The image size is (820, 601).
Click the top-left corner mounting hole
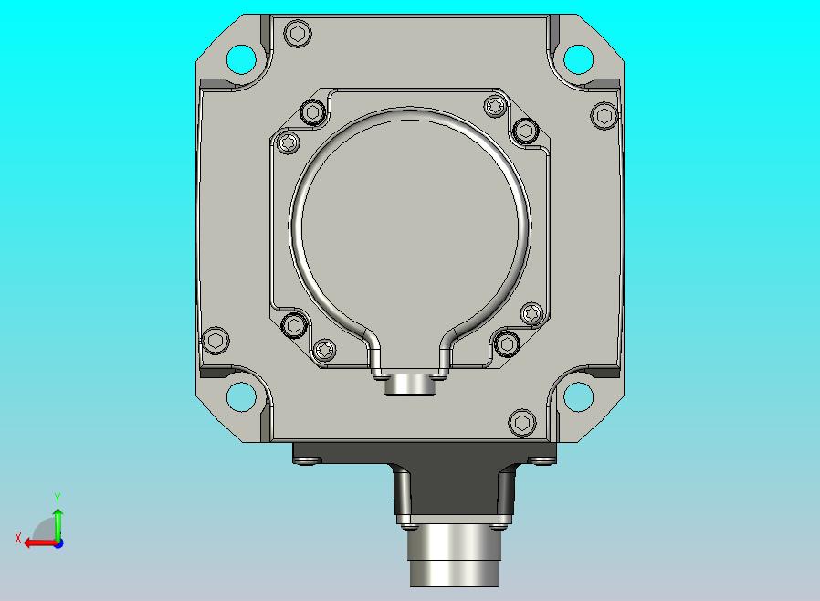click(241, 59)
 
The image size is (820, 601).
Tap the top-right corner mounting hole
click(578, 59)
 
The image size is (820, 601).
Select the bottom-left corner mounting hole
click(241, 396)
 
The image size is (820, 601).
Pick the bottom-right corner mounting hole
click(578, 396)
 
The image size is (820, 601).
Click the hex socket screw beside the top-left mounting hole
click(298, 34)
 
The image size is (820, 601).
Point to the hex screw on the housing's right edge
click(604, 115)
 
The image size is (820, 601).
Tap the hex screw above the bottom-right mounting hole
click(522, 422)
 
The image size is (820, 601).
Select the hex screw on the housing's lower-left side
click(215, 341)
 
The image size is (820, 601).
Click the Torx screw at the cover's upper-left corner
click(287, 142)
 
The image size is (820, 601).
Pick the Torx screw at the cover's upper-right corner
click(495, 107)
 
